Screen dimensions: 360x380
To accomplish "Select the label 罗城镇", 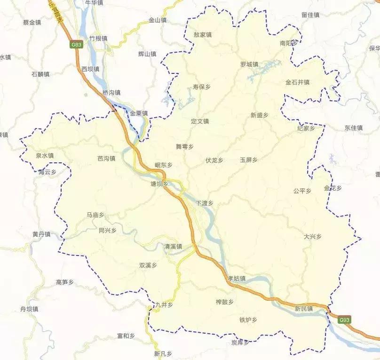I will pyautogui.click(x=249, y=64).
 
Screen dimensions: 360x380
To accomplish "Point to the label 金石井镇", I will pyautogui.click(x=297, y=82).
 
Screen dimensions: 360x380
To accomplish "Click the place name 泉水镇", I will pyautogui.click(x=45, y=155).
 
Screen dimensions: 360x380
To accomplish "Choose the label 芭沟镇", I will pyautogui.click(x=106, y=159).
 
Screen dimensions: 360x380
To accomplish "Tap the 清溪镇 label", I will pyautogui.click(x=173, y=247).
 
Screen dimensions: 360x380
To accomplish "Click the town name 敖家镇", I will pyautogui.click(x=203, y=34).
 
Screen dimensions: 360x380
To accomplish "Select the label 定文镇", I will pyautogui.click(x=200, y=121).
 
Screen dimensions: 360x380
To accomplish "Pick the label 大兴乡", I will pyautogui.click(x=312, y=236).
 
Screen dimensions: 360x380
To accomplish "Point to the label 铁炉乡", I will pyautogui.click(x=248, y=320).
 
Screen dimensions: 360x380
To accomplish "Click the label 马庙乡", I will pyautogui.click(x=95, y=215).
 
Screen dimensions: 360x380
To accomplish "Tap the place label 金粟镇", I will pyautogui.click(x=139, y=113).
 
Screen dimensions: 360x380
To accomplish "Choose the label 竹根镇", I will pyautogui.click(x=98, y=38).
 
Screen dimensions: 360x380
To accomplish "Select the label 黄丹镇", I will pyautogui.click(x=41, y=234).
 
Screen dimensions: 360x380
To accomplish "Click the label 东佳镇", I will pyautogui.click(x=354, y=128).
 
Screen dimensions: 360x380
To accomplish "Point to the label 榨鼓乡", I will pyautogui.click(x=225, y=302).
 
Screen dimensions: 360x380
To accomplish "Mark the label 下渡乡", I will pyautogui.click(x=205, y=203).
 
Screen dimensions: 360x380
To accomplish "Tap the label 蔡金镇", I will pyautogui.click(x=32, y=22).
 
